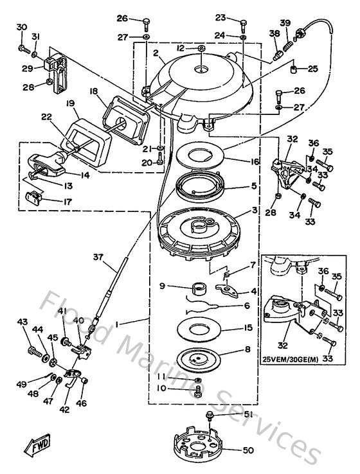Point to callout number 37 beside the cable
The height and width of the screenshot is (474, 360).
(98, 258)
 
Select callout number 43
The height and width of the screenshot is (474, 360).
(22, 322)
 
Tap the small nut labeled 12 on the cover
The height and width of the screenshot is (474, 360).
(202, 48)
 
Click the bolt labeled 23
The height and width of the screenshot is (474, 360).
(244, 26)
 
